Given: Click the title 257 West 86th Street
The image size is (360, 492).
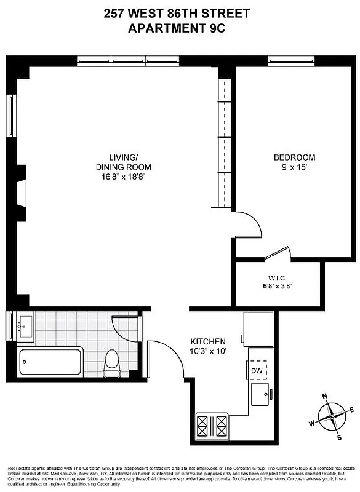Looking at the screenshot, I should (180, 14).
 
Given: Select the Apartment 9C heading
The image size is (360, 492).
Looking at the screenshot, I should (180, 27).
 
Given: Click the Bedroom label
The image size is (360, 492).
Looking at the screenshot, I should (294, 157).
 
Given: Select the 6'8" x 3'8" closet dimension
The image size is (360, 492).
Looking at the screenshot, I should (283, 285).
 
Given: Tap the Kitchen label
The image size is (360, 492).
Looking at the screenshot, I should (208, 341).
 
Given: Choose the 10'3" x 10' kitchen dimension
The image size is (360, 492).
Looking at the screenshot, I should (208, 352).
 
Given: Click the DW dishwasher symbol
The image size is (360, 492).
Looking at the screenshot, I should (258, 371).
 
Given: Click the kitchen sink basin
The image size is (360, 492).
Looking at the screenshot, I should (260, 394).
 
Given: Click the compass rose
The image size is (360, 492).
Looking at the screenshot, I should (332, 416).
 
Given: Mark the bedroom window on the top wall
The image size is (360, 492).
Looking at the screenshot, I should (291, 60).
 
